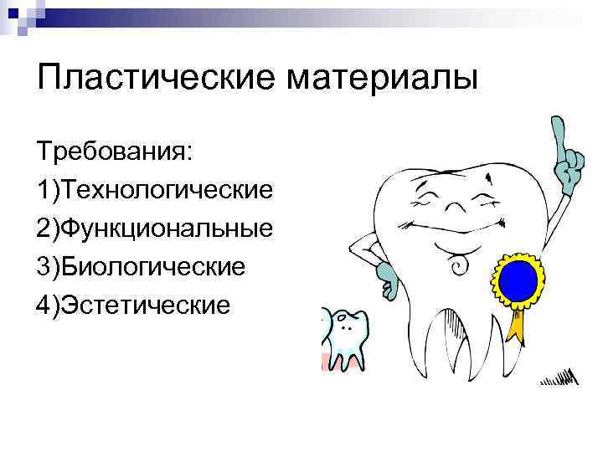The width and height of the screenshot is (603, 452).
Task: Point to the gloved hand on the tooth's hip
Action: (387, 270)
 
